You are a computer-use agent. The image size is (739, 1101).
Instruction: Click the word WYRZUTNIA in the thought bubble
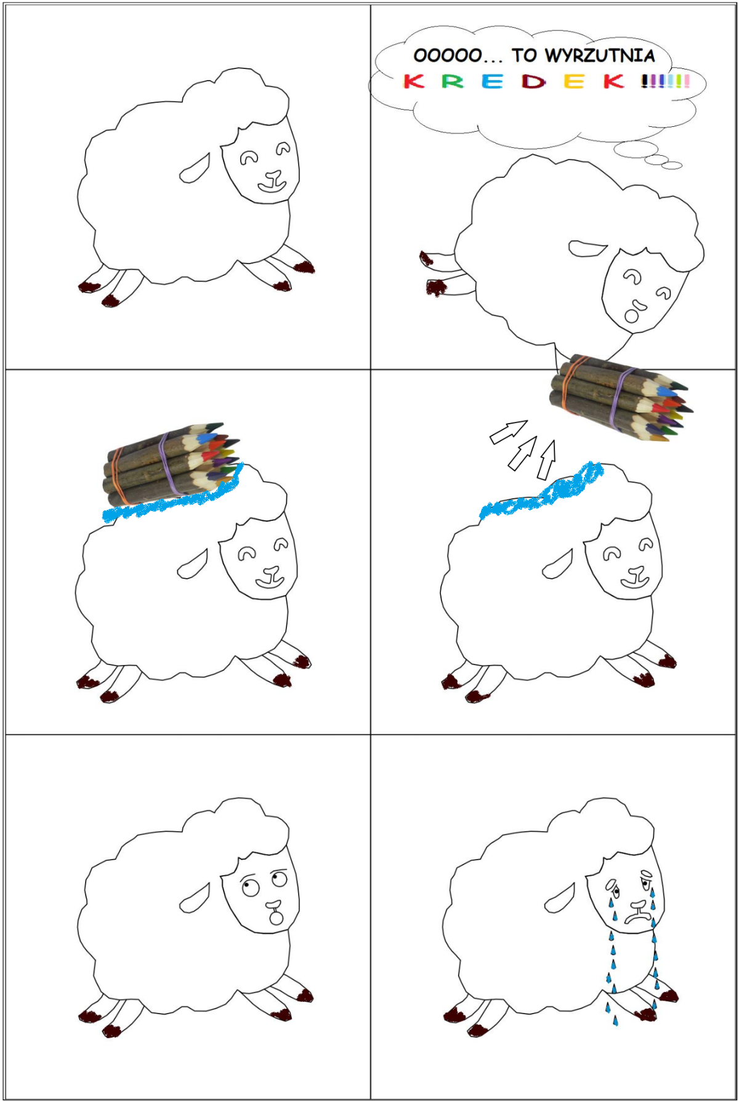click(600, 55)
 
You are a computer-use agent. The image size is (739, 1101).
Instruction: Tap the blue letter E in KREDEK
click(493, 81)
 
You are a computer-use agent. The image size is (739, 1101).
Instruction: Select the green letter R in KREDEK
click(453, 81)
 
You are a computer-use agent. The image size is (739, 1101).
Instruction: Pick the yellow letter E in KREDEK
click(574, 81)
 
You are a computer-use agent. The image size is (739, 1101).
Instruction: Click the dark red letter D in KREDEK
click(533, 81)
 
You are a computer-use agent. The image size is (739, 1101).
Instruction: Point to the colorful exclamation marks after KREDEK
click(665, 81)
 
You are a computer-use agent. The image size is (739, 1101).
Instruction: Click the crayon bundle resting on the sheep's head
click(171, 461)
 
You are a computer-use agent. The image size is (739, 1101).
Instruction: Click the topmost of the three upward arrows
click(509, 431)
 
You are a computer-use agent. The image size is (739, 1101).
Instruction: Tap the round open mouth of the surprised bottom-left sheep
click(277, 918)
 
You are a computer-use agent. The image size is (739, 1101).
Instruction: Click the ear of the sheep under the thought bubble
click(588, 248)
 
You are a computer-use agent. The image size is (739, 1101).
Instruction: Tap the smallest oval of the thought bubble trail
click(675, 165)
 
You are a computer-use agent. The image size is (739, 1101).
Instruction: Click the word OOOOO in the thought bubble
click(448, 56)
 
